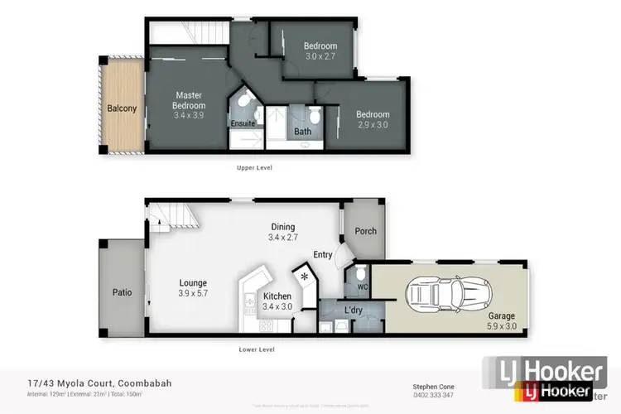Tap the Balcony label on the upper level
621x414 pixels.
click(x=121, y=108)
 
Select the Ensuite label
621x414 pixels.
click(x=243, y=123)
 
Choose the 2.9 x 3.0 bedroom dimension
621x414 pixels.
click(x=372, y=124)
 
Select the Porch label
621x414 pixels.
click(x=365, y=232)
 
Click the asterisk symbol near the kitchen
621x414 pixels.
click(x=304, y=276)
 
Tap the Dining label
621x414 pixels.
click(x=282, y=227)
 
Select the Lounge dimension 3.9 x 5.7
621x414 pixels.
click(x=193, y=293)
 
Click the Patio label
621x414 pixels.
click(x=123, y=291)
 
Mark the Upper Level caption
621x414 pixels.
click(x=253, y=167)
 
